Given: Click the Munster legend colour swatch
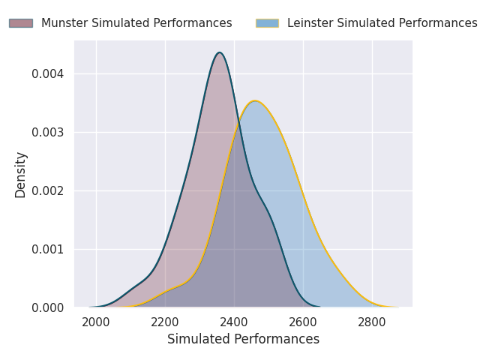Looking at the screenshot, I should coord(21,23).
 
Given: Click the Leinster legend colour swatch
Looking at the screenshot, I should coord(267,23).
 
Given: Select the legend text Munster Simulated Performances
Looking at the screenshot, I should coord(136,23).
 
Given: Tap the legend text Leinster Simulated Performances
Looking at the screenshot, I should coord(382,23).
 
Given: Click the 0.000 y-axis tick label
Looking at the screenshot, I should coord(48,307).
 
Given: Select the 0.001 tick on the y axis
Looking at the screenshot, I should coord(48,249).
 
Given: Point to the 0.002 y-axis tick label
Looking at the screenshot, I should coord(48,190).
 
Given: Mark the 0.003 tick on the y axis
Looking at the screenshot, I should coord(48,133).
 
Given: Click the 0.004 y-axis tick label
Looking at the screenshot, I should coord(48,74).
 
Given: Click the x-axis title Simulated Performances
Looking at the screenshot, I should coord(243,340).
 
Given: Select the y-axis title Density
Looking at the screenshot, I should coord(21,174).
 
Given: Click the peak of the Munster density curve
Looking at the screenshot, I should coord(219,52).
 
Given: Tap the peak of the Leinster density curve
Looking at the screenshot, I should coord(255,100).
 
